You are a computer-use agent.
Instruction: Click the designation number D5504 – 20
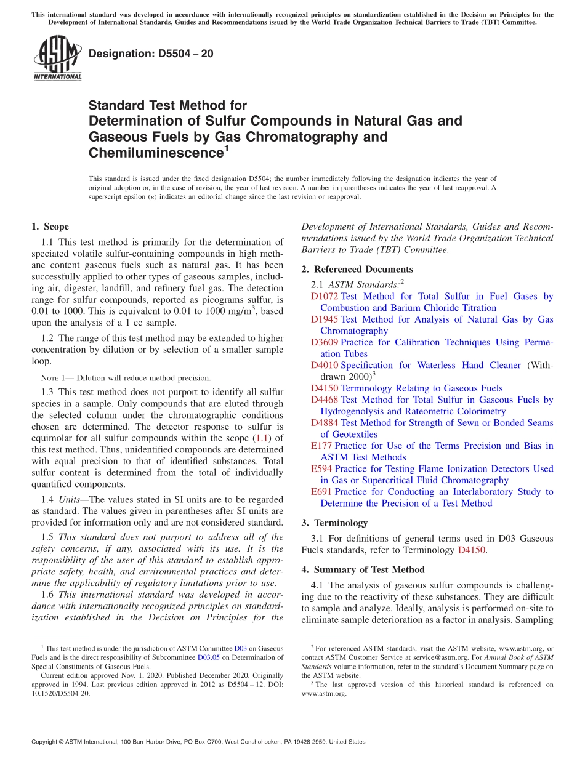point(151,54)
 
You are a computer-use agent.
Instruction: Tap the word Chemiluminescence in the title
point(155,153)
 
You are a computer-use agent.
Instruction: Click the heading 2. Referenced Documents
point(357,269)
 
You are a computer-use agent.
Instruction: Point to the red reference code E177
point(321,446)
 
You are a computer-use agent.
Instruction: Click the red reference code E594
point(321,468)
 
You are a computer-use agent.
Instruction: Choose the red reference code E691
point(321,492)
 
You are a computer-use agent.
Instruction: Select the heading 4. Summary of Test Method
point(363,569)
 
